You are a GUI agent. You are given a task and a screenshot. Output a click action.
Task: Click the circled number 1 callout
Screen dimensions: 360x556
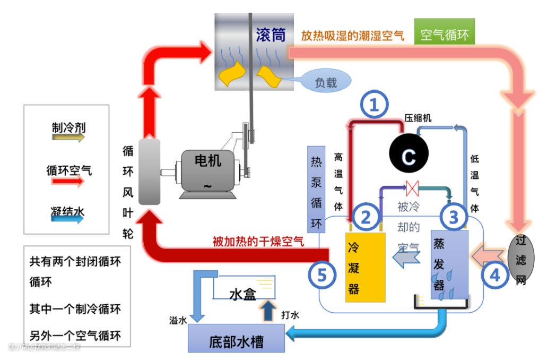pyautogui.click(x=375, y=106)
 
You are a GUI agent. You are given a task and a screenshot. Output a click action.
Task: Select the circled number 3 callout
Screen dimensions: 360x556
pyautogui.click(x=453, y=216)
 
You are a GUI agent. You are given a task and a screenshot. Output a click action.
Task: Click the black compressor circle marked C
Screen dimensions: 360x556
pyautogui.click(x=408, y=156)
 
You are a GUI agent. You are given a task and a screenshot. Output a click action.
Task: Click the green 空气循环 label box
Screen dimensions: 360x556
pyautogui.click(x=445, y=35)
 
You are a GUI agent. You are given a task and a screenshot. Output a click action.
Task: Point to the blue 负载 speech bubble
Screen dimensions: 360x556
pyautogui.click(x=325, y=83)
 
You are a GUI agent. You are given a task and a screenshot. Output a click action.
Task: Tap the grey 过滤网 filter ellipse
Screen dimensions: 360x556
pyautogui.click(x=520, y=260)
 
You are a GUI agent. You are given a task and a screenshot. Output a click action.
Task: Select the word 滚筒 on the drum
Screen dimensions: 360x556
pyautogui.click(x=271, y=36)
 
